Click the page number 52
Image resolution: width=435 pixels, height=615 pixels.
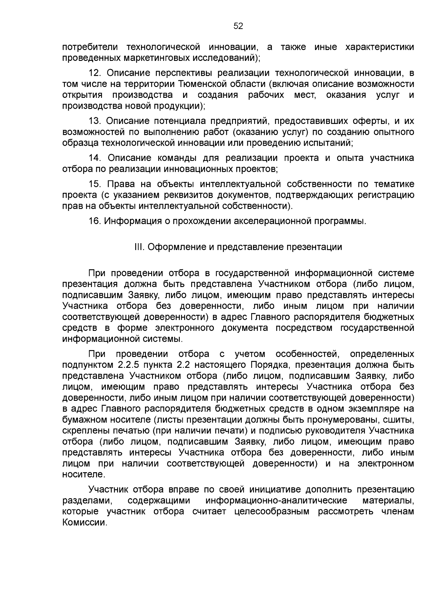tap(238, 26)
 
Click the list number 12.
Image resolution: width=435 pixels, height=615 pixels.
tap(95, 73)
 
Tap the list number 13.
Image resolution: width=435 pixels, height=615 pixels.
tap(95, 121)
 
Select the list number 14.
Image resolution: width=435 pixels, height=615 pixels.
tap(95, 158)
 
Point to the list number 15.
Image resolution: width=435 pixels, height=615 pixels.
tap(95, 184)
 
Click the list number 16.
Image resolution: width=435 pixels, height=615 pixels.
tap(95, 221)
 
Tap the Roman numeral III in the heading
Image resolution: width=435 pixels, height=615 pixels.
tap(139, 247)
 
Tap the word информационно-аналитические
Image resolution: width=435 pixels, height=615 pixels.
tap(276, 501)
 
